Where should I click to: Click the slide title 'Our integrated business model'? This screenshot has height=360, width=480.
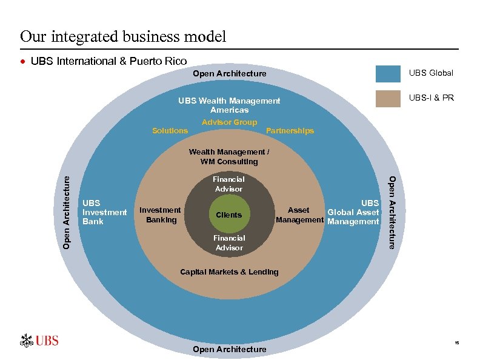tap(123, 36)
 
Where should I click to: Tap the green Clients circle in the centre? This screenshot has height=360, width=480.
tap(228, 215)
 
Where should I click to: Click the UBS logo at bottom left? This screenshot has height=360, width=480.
tap(39, 341)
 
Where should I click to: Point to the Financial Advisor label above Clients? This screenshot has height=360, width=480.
tap(228, 184)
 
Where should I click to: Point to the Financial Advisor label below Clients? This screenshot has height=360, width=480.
tap(228, 243)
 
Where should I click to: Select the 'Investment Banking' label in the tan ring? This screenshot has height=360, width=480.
tap(160, 215)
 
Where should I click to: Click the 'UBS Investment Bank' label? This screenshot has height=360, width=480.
tap(104, 212)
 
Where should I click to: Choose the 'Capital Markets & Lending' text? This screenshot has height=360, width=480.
tap(229, 272)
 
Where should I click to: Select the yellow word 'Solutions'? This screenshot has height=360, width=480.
tap(170, 131)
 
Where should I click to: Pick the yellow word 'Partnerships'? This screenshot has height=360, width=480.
tap(290, 131)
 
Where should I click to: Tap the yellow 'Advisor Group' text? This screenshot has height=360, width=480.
tap(229, 122)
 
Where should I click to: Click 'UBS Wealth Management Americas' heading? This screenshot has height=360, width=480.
tap(229, 105)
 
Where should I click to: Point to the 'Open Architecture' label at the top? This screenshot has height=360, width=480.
tap(229, 74)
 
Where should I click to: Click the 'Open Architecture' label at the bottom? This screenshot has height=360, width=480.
tap(229, 349)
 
